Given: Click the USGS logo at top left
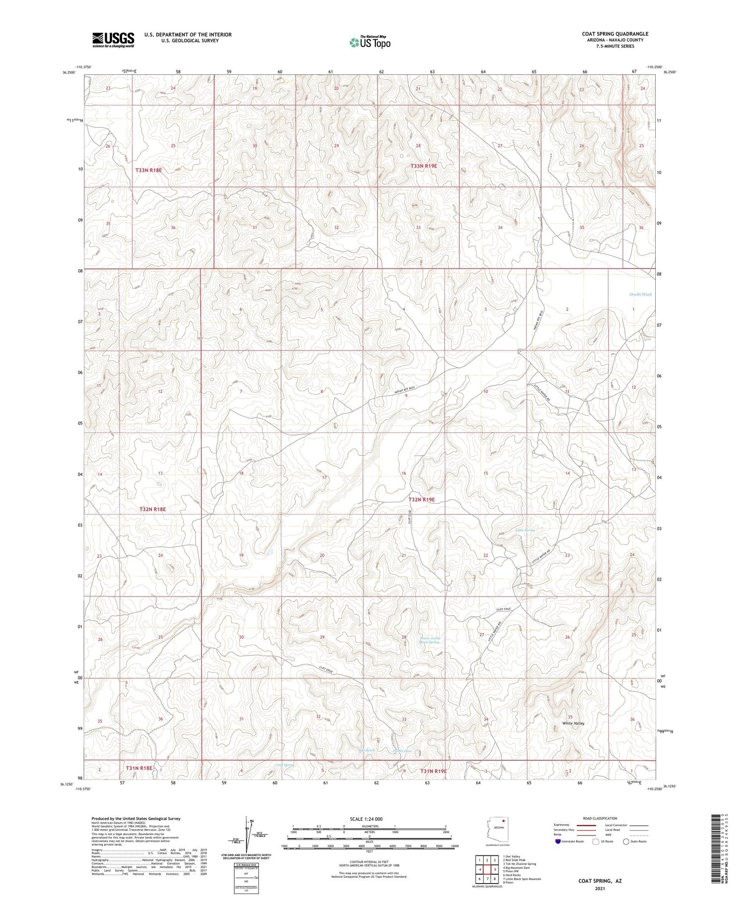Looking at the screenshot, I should tap(113, 40).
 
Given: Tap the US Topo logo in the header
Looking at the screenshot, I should tap(370, 43).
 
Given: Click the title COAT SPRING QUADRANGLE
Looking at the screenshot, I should tap(615, 34).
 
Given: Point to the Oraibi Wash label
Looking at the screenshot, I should tap(640, 295).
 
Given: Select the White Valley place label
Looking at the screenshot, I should tap(573, 723).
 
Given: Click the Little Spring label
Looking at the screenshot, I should tap(525, 531).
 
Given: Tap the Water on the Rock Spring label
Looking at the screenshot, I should tap(430, 640).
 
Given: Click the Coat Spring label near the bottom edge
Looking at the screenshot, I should tap(285, 765).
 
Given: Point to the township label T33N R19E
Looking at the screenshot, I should tap(423, 166).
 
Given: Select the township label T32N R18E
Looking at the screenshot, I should tap(152, 509).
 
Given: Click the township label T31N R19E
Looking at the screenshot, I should tap(434, 771).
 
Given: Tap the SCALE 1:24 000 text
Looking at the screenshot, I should tap(366, 819).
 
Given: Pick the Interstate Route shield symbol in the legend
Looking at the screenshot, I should tap(558, 841).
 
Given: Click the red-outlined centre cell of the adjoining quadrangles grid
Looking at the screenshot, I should tap(487, 869).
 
